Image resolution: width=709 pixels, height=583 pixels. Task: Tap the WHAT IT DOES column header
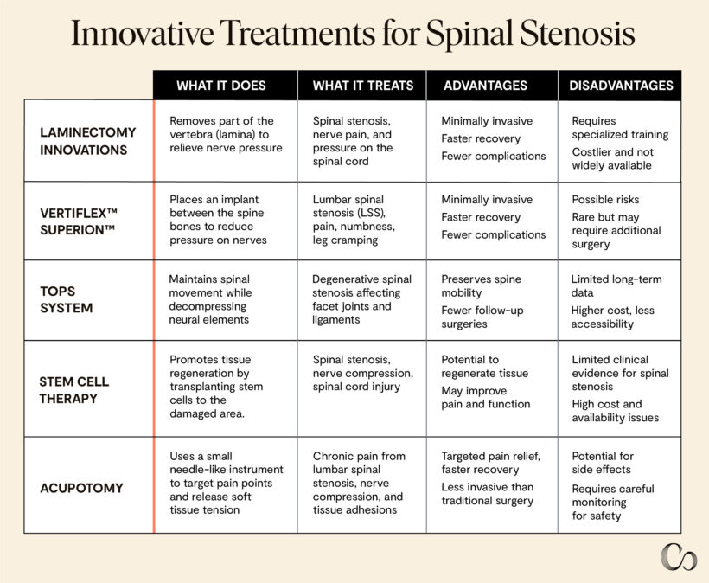pyautogui.click(x=221, y=86)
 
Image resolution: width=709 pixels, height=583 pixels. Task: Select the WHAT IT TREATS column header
pyautogui.click(x=362, y=86)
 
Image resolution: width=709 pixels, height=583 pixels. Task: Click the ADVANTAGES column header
pyautogui.click(x=485, y=86)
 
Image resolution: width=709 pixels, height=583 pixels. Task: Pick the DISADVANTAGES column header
pyautogui.click(x=621, y=86)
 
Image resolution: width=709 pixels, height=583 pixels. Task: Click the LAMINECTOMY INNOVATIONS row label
pyautogui.click(x=88, y=141)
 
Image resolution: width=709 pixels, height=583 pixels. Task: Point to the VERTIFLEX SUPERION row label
pyautogui.click(x=79, y=221)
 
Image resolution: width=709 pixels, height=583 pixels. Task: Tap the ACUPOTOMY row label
pyautogui.click(x=81, y=487)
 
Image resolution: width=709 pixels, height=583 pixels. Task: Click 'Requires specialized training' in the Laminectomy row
pyautogui.click(x=620, y=128)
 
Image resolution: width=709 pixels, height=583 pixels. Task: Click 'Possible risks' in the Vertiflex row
pyautogui.click(x=605, y=199)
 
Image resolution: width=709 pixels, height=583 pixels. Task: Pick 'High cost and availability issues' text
pyautogui.click(x=615, y=411)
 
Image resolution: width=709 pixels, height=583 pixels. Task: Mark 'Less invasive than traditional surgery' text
pyautogui.click(x=488, y=494)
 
